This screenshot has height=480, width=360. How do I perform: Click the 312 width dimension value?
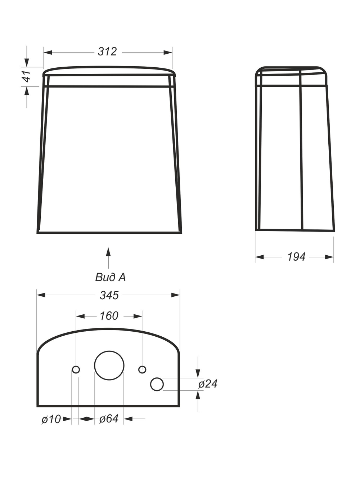tap(107, 52)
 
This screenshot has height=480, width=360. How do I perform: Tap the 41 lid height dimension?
tap(27, 76)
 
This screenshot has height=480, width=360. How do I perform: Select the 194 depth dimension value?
tap(296, 257)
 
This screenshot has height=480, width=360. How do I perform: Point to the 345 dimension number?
tap(109, 295)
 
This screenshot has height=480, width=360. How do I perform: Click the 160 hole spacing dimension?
tap(109, 316)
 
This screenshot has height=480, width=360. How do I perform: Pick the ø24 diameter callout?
tap(208, 383)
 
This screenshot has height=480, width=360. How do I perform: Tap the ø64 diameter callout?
tap(109, 419)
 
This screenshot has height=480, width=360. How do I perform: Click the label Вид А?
tap(111, 277)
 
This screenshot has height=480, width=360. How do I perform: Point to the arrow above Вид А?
tap(108, 258)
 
